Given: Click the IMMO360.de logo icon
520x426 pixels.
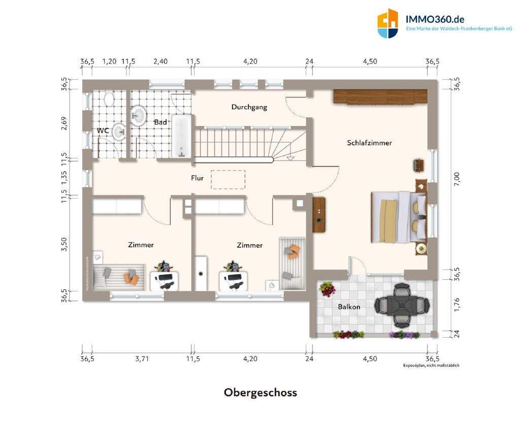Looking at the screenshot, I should click(387, 23).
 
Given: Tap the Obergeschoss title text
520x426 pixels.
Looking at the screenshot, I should click(260, 392).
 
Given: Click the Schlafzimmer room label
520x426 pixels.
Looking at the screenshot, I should click(369, 143).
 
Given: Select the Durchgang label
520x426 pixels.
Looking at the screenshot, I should click(249, 107).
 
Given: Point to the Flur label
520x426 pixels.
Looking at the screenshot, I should click(197, 178).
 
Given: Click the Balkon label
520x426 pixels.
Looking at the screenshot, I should click(349, 307).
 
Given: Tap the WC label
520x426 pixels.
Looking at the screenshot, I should click(103, 130).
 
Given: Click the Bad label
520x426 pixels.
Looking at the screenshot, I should click(160, 122).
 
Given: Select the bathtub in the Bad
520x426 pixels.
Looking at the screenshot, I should click(182, 136).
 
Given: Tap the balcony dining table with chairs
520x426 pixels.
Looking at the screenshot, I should click(402, 305).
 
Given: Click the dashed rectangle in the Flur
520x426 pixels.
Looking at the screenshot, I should click(228, 179).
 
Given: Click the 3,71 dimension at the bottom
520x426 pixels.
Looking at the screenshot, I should click(142, 358).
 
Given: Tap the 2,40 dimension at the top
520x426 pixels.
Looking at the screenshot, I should click(160, 61).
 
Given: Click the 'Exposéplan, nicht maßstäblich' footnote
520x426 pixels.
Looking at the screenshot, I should click(431, 366).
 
